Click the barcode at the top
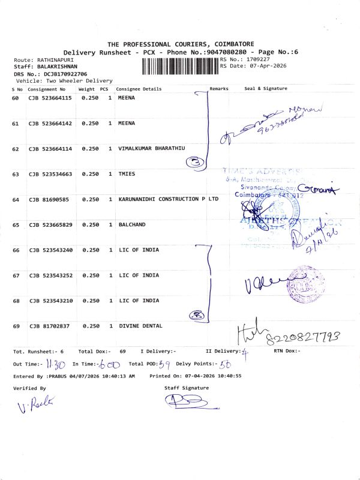pyautogui.click(x=179, y=64)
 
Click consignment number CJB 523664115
pyautogui.click(x=50, y=97)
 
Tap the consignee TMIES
pyautogui.click(x=127, y=174)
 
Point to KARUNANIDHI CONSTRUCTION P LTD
pyautogui.click(x=168, y=199)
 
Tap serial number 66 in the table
pyautogui.click(x=16, y=250)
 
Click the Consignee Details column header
pyautogui.click(x=139, y=89)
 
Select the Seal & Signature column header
pyautogui.click(x=266, y=89)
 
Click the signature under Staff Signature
pyautogui.click(x=185, y=401)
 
